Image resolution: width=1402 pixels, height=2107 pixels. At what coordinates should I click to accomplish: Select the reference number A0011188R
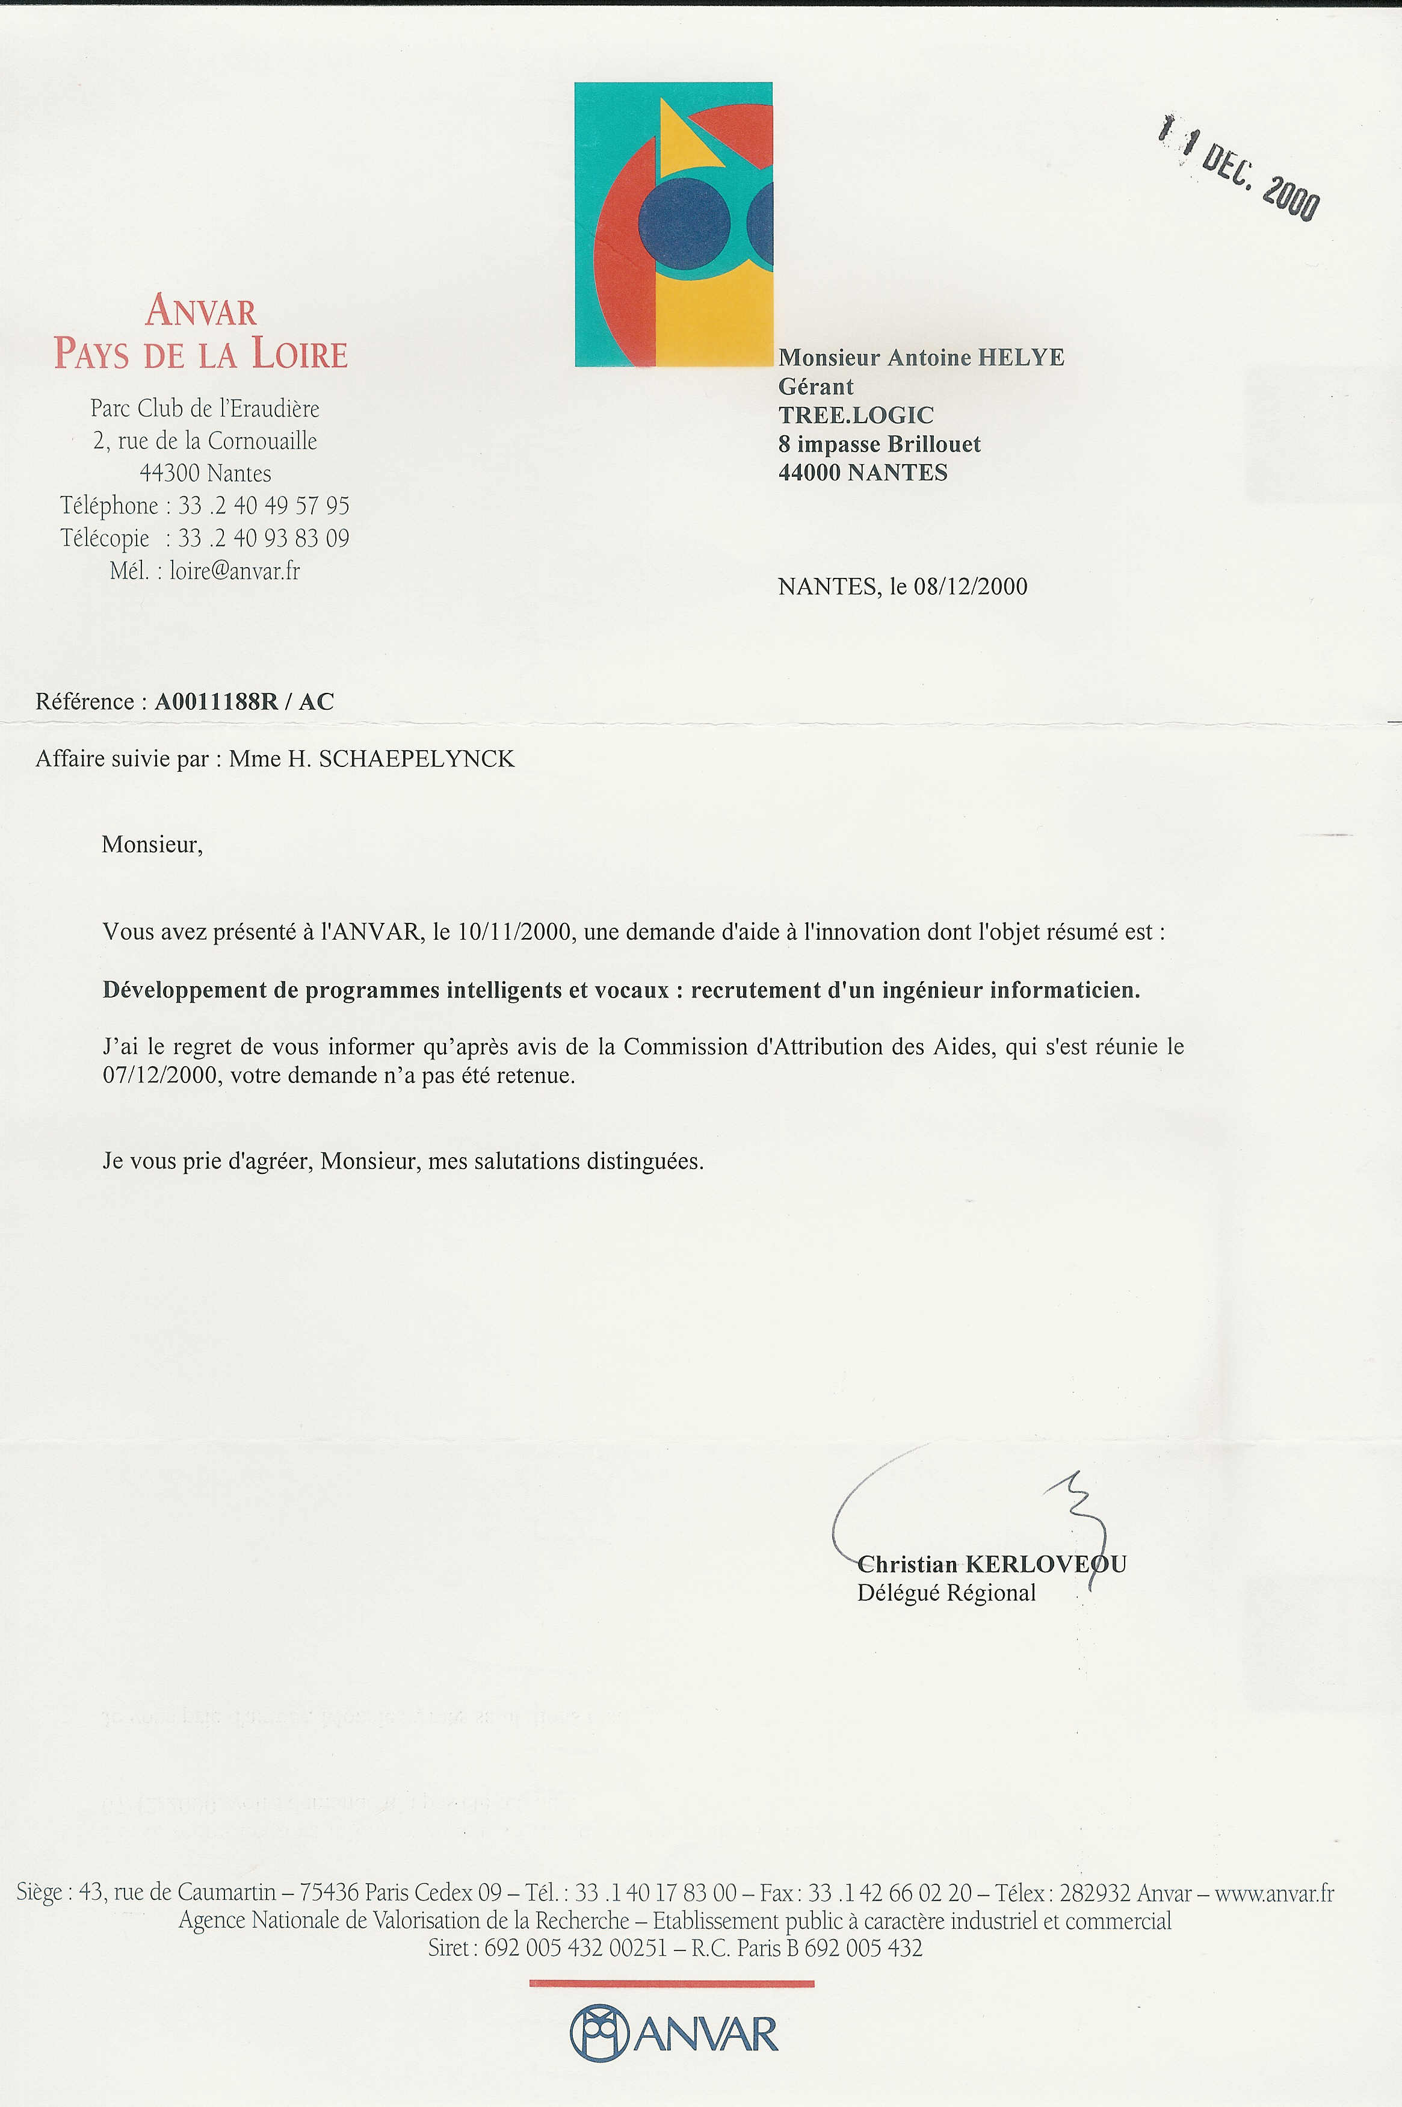217,702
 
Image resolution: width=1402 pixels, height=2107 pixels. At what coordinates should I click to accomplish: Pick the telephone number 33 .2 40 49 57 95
264,506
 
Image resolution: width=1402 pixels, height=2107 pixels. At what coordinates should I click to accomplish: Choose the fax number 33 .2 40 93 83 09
264,538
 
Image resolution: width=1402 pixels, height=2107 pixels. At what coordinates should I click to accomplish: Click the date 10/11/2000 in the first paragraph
513,932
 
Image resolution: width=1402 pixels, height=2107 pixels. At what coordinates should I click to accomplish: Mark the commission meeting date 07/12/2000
160,1076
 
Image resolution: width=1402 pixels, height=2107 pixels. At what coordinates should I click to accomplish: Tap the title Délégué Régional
946,1593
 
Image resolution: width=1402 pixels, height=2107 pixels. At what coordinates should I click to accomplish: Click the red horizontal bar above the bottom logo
672,1984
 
